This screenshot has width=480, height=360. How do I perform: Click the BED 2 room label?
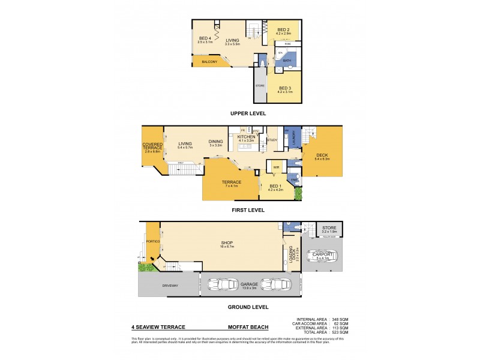284,29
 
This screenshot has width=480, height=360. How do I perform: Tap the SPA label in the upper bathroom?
280,54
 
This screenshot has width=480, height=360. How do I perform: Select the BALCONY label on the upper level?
208,61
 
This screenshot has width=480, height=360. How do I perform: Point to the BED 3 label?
285,88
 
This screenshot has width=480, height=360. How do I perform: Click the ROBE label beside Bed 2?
288,44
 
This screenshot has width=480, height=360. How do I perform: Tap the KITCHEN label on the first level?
247,137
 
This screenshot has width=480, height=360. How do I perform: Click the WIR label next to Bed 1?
276,167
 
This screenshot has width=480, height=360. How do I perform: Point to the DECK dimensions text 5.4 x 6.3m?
323,159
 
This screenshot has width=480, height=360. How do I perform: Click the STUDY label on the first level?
272,139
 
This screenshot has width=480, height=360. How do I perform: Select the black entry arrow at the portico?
152,260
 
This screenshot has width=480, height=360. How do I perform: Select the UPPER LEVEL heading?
248,113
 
